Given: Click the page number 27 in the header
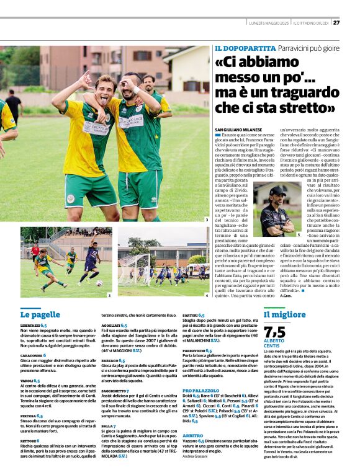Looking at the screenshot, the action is point(336,23).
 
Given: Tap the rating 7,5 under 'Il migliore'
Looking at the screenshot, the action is point(275,332).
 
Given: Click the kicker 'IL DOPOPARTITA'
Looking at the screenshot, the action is point(245,48).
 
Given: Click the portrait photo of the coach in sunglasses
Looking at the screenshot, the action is point(275,211).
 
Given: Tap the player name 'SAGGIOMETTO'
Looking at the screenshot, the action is point(115,391).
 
